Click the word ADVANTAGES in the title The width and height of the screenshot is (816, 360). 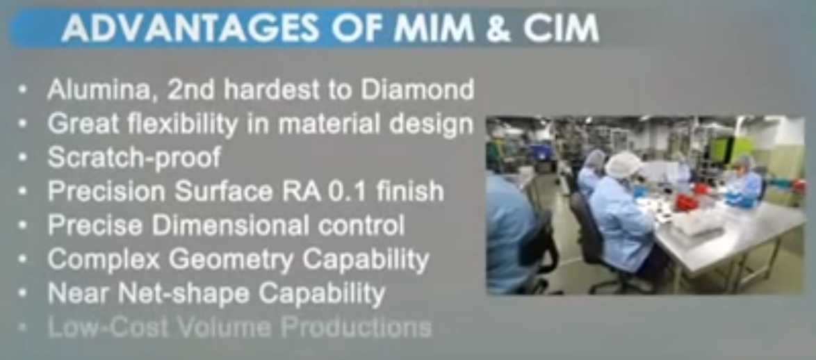click(x=191, y=28)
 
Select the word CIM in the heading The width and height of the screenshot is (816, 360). click(x=561, y=29)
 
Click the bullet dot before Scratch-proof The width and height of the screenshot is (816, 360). click(x=22, y=158)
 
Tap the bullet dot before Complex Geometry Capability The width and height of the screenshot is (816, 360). click(x=22, y=260)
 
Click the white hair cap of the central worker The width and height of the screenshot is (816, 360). click(x=623, y=165)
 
